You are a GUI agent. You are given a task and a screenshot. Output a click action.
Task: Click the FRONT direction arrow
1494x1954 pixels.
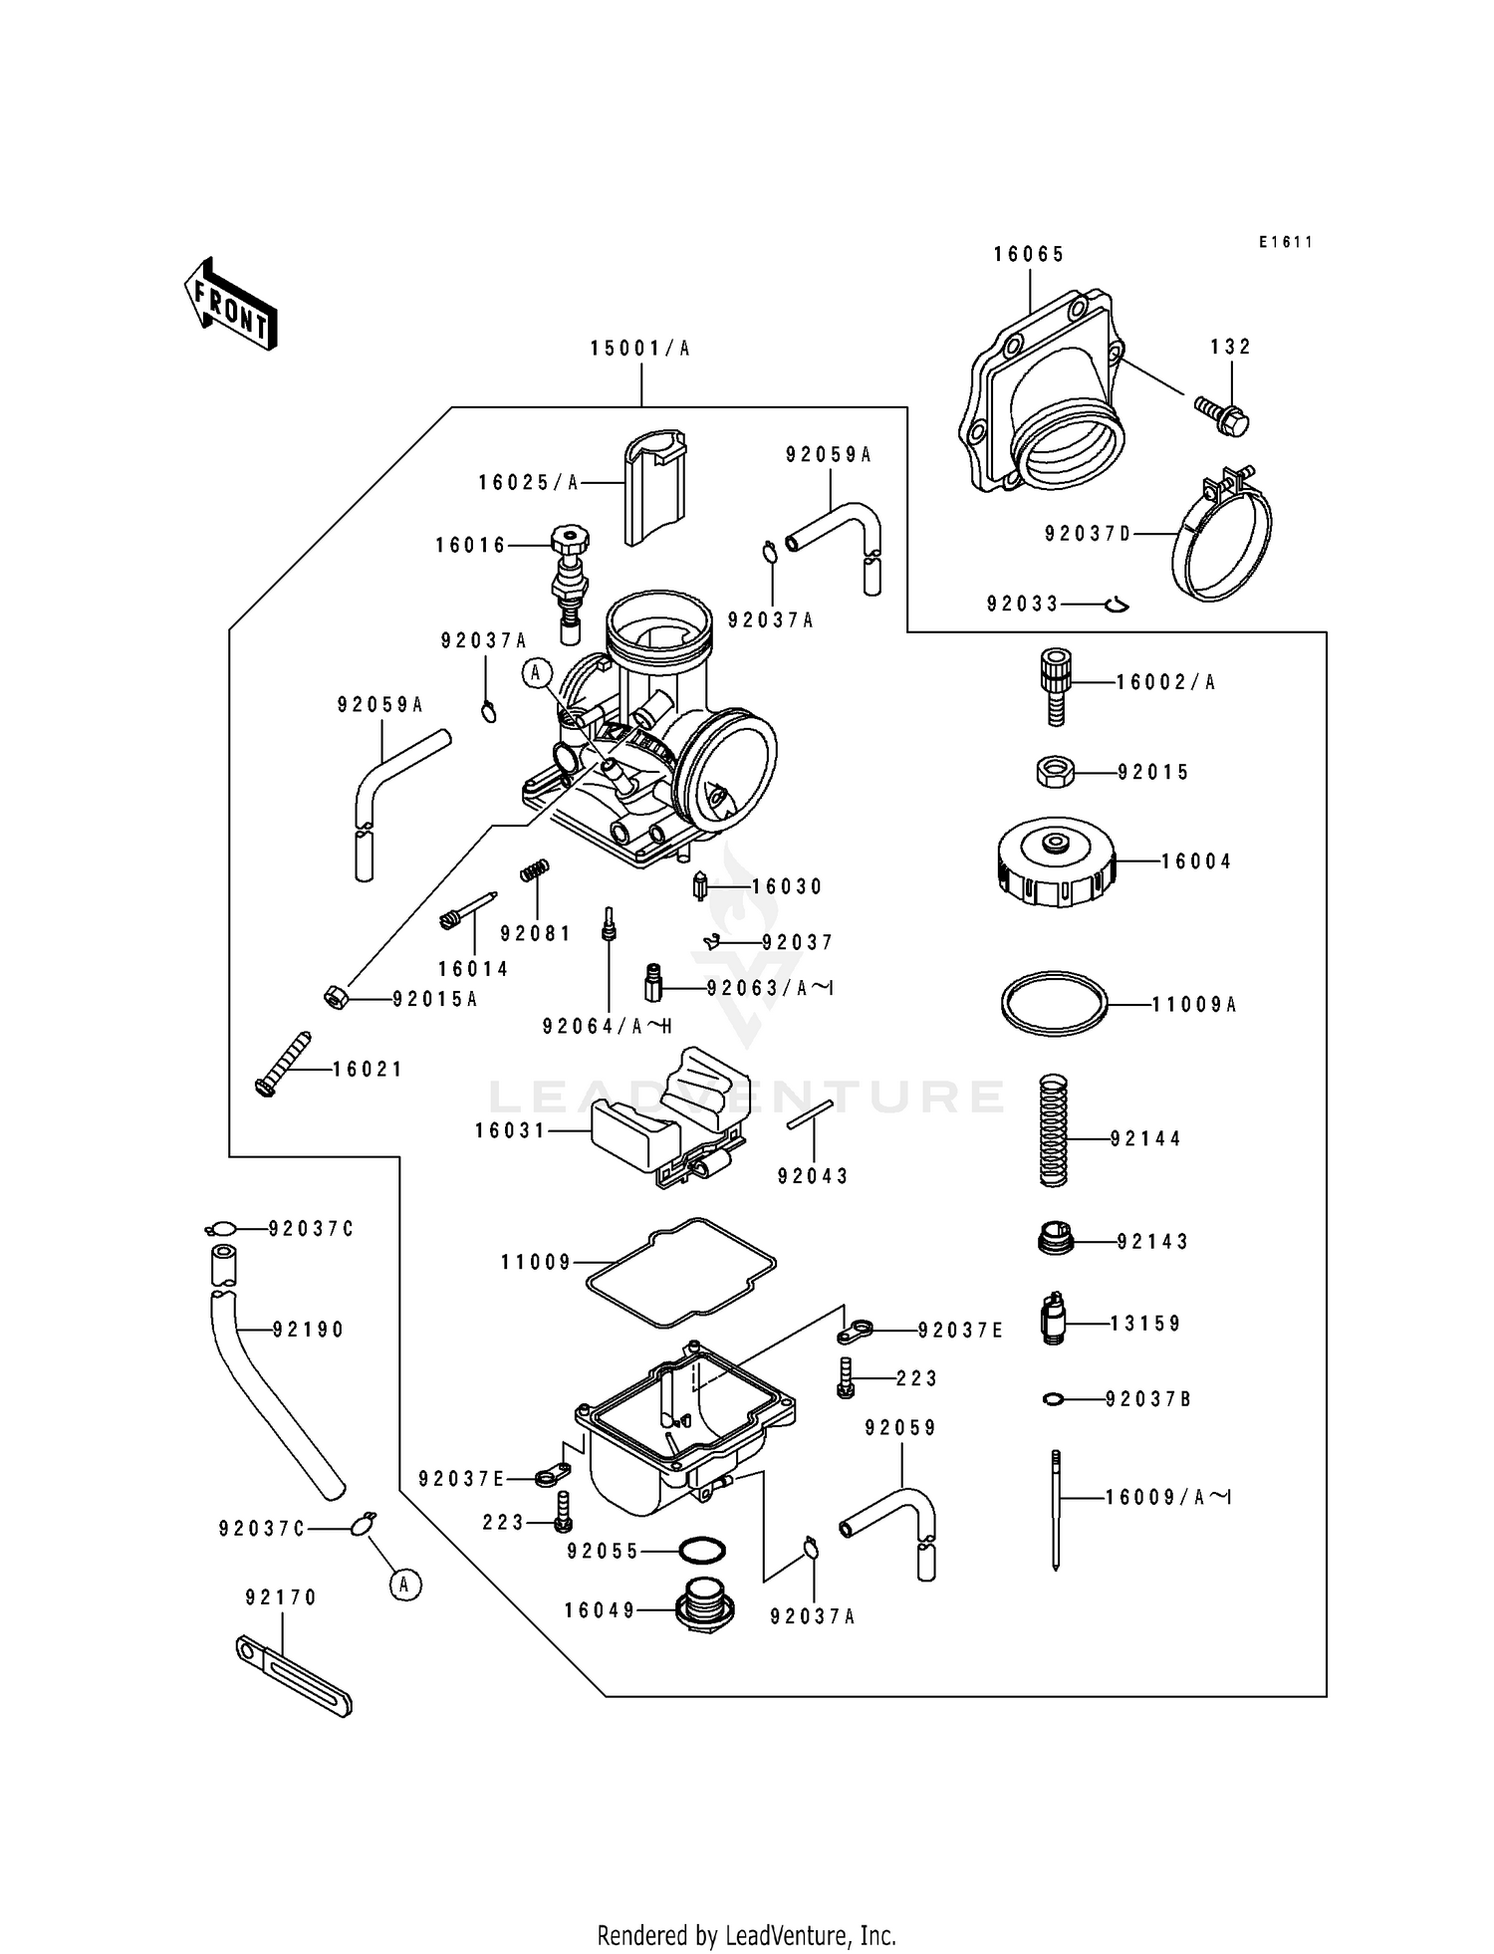(229, 304)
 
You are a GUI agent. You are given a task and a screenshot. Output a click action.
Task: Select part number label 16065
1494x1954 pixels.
(1029, 255)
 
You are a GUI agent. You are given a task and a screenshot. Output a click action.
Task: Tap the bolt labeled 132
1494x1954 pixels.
(1223, 416)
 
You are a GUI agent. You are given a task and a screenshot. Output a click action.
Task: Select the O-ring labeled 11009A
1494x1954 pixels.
(1054, 1005)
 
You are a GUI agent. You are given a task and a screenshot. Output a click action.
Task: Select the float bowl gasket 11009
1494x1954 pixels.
(679, 1272)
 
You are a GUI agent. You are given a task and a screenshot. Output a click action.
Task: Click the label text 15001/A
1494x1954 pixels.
(639, 349)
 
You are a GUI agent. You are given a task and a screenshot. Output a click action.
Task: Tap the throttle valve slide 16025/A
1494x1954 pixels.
(655, 486)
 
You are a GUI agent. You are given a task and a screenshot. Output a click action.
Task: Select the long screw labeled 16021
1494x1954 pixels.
(283, 1064)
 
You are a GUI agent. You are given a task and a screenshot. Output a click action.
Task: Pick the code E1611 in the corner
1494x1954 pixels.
(1285, 242)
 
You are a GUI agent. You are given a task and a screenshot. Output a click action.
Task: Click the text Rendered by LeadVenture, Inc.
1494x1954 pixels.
(746, 1935)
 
